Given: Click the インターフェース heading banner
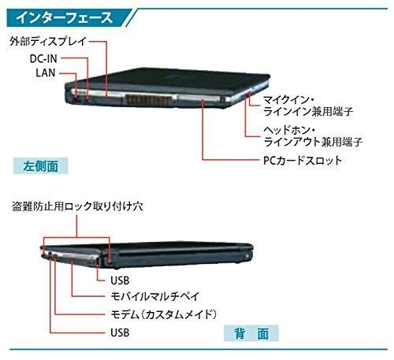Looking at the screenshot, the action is [x=69, y=18].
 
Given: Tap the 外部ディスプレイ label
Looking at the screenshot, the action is [x=48, y=42].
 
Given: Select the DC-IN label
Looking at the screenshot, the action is [x=43, y=58].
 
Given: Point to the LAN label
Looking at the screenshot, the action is [x=46, y=72].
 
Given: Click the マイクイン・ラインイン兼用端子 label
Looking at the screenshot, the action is [x=308, y=106].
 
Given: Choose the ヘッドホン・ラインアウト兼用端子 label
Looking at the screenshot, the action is [x=313, y=135].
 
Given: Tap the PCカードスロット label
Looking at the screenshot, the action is [x=303, y=160].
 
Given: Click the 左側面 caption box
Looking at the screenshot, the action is [x=40, y=165].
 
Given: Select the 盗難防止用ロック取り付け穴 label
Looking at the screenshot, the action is [x=78, y=206].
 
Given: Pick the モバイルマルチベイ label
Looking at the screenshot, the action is [x=155, y=296].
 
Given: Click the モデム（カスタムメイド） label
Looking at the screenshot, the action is [x=164, y=314].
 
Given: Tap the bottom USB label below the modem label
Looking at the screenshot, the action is [x=120, y=332].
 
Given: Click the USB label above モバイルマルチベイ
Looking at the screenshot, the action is [x=120, y=280].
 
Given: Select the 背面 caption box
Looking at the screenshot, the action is [x=251, y=333].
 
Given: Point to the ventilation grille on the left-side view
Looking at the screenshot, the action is [x=149, y=100].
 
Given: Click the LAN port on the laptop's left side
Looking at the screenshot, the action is [x=76, y=99].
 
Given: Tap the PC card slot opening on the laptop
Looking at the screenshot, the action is [x=199, y=99].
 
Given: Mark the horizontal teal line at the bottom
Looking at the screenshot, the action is [x=199, y=349].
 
